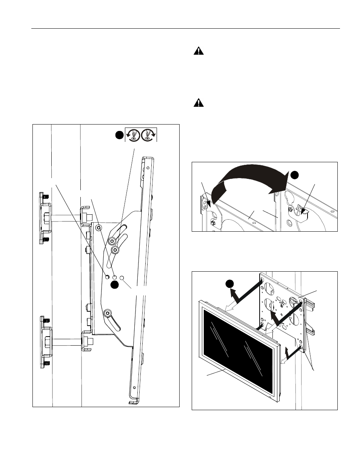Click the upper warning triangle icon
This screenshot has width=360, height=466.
click(198, 51)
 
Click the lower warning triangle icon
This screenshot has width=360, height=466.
click(198, 103)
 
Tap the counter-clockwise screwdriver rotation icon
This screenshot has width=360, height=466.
click(133, 135)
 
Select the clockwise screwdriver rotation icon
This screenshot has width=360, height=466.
click(148, 135)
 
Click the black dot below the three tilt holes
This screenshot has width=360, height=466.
click(115, 285)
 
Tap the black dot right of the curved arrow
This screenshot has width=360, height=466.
click(294, 174)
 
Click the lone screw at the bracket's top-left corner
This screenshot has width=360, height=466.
click(98, 228)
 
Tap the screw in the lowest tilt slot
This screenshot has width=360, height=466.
click(108, 314)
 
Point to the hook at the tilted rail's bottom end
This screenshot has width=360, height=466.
click(132, 403)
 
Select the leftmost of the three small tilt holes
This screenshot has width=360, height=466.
click(108, 277)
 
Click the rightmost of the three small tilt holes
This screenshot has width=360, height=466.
click(122, 277)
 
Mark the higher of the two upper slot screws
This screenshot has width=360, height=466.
click(112, 241)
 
